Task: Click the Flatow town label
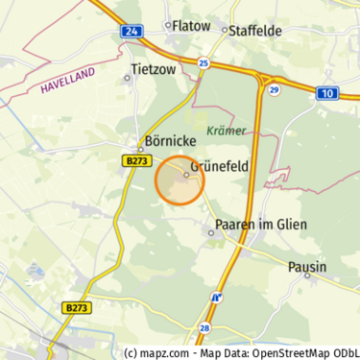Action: coord(190,26)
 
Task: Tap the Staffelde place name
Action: coord(255,31)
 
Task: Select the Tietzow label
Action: coord(154,69)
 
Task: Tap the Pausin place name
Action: coord(307,266)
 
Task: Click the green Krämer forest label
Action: coord(227,130)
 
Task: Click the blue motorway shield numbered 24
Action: coord(132,31)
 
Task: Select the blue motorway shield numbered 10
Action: coord(326,93)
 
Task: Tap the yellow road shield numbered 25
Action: coord(203,63)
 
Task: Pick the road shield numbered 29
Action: coord(274,89)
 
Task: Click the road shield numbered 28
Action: coord(204,328)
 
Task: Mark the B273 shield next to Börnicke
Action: coord(135,162)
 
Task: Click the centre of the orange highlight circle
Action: coord(180,180)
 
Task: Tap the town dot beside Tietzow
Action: coord(128,79)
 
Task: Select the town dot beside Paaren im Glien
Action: coord(212,232)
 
